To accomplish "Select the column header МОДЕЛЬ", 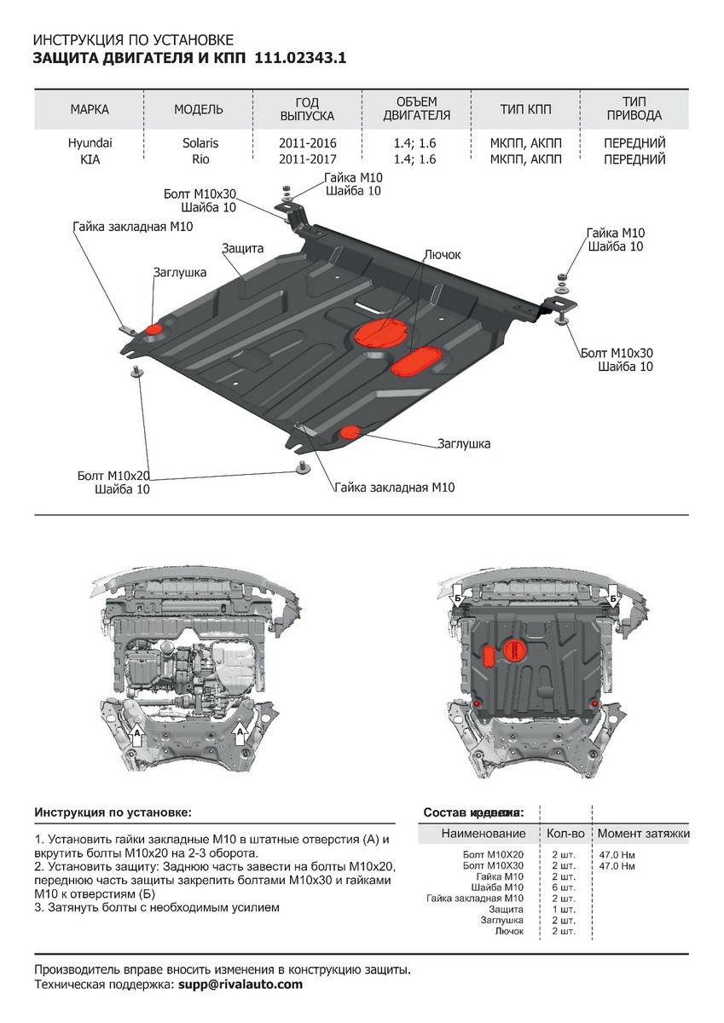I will pyautogui.click(x=199, y=109).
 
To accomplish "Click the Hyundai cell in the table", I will pyautogui.click(x=90, y=143).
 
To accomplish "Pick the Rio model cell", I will pyautogui.click(x=199, y=159).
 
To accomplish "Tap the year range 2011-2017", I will pyautogui.click(x=308, y=159).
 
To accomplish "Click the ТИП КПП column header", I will pyautogui.click(x=525, y=109).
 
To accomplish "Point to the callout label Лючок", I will pyautogui.click(x=442, y=255).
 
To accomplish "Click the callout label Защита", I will pyautogui.click(x=243, y=248).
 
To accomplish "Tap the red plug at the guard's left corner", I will pyautogui.click(x=155, y=330).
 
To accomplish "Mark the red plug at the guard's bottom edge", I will pyautogui.click(x=350, y=433).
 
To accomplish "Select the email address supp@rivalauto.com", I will pyautogui.click(x=240, y=985).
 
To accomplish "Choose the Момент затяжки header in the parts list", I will pyautogui.click(x=643, y=833).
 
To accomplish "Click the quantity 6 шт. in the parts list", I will pyautogui.click(x=564, y=887).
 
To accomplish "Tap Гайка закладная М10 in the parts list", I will pyautogui.click(x=475, y=899).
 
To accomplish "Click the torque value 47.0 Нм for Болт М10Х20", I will pyautogui.click(x=617, y=854).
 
